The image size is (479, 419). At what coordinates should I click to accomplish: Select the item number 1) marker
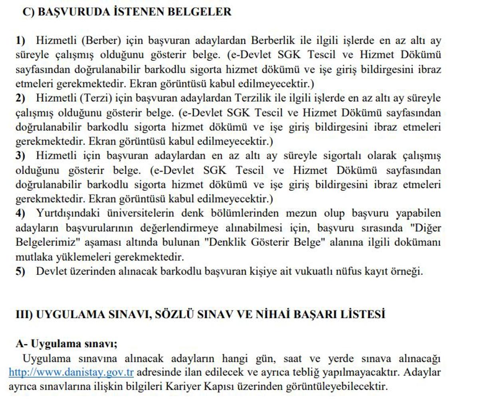20,40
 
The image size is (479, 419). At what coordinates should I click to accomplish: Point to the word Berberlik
273,40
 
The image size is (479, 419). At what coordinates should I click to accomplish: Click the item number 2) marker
20,98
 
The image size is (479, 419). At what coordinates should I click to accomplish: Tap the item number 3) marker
20,156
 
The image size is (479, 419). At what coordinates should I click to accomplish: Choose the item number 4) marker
20,213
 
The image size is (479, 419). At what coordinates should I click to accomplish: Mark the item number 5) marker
20,271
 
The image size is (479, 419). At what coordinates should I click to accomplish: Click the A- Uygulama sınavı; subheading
66,344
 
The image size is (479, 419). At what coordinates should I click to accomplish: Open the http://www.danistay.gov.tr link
71,372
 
